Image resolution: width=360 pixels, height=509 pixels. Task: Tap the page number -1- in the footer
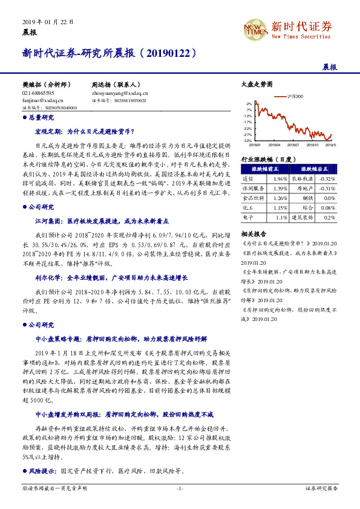(x=180, y=504)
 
